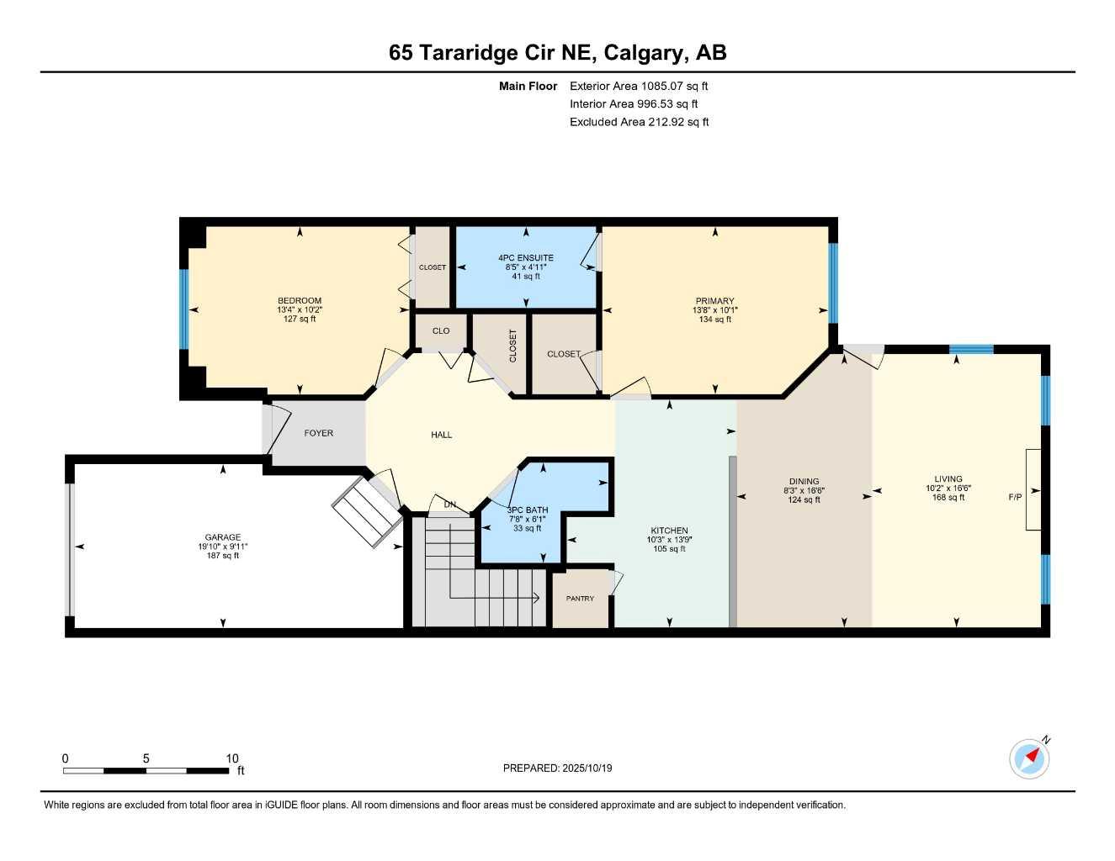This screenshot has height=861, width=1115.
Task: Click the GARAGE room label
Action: [x=223, y=537]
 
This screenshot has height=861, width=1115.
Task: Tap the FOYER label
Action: [x=319, y=433]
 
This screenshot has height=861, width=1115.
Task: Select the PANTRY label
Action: [x=580, y=599]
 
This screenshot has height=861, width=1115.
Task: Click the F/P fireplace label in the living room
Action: [x=1015, y=497]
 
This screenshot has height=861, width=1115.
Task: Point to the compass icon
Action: [x=1029, y=758]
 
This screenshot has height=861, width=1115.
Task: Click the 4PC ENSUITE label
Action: [x=526, y=258]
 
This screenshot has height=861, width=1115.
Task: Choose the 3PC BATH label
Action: [x=528, y=510]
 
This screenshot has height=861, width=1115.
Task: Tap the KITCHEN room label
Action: [x=670, y=531]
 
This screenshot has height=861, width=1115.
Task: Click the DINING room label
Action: [x=804, y=482]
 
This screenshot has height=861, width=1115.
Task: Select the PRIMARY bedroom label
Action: [x=714, y=301]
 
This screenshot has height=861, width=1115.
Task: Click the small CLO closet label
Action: [x=441, y=330]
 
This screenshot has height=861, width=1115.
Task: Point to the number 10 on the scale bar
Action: [x=232, y=758]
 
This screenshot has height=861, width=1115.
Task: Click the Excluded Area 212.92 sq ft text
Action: [x=639, y=122]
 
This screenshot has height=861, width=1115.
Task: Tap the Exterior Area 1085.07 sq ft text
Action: [x=639, y=86]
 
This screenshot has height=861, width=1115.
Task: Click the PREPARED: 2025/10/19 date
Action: [x=557, y=768]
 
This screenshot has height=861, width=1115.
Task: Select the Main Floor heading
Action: [x=528, y=86]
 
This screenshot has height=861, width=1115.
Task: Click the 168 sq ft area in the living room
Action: [x=948, y=498]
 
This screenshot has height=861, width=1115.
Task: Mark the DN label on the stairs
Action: [x=450, y=504]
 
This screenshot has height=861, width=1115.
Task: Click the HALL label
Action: [x=442, y=435]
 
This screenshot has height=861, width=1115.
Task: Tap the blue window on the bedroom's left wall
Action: [x=183, y=309]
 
